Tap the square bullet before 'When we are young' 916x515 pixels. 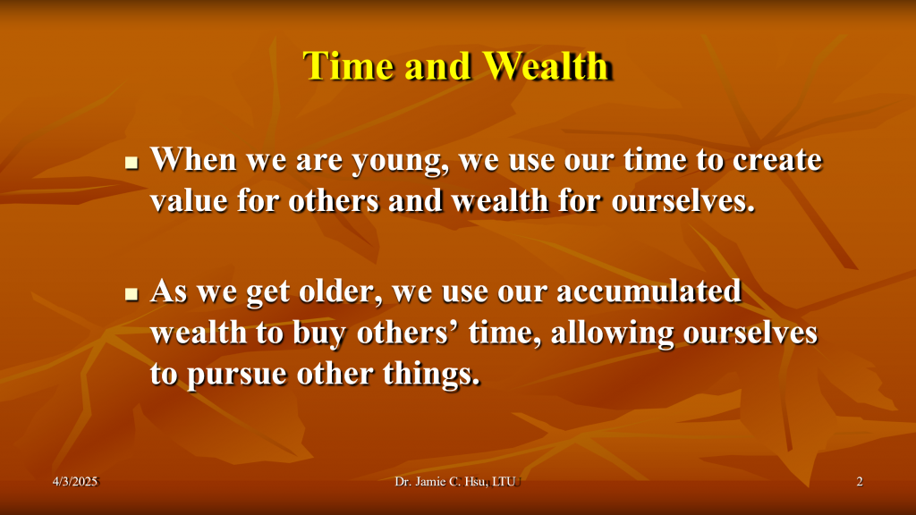(x=132, y=163)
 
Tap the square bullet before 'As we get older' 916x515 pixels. (x=132, y=293)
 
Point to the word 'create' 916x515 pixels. (x=777, y=159)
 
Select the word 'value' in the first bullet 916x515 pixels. (x=189, y=201)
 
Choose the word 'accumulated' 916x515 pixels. (x=649, y=291)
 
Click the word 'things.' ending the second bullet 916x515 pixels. (x=432, y=375)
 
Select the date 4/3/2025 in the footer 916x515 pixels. (x=75, y=482)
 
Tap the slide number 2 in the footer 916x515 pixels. (x=860, y=482)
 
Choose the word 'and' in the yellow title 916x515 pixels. (x=437, y=65)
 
